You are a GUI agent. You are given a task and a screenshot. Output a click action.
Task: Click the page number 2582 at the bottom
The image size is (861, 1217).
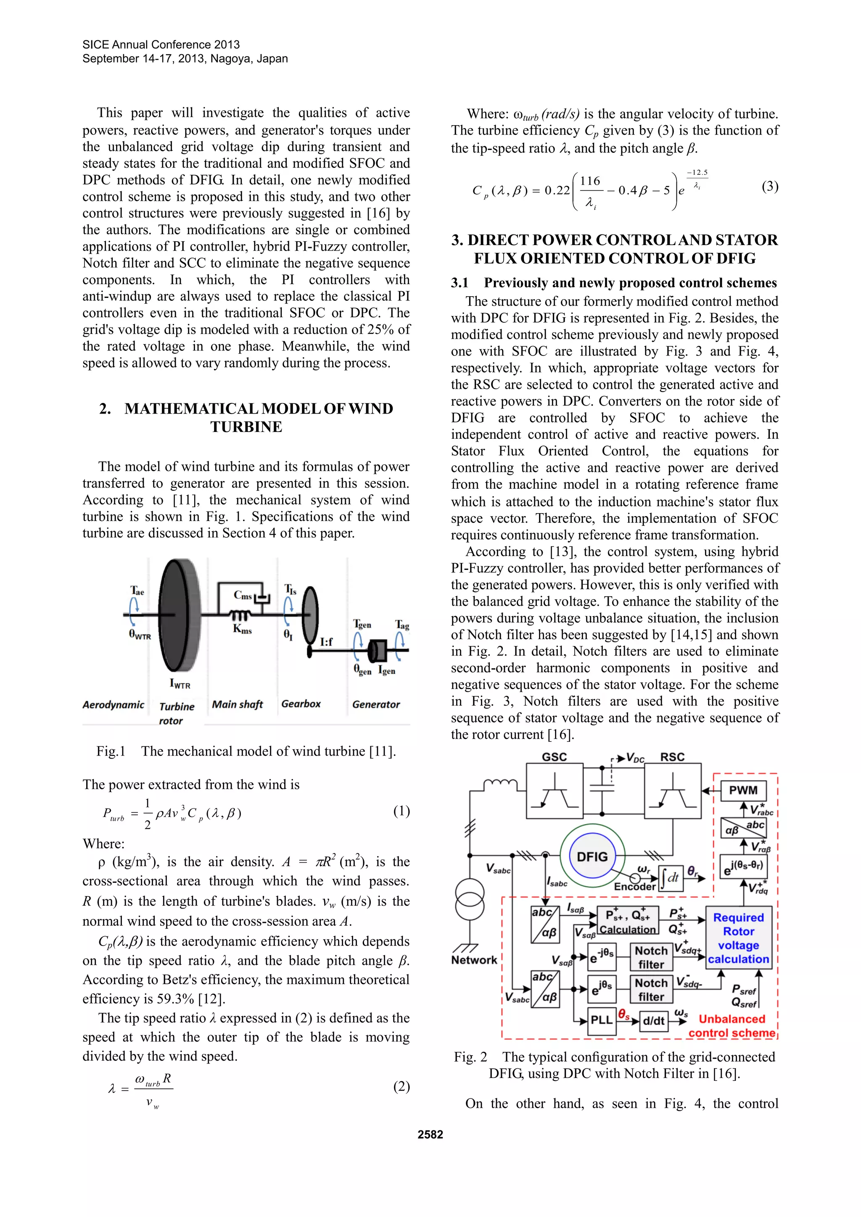[x=430, y=1134]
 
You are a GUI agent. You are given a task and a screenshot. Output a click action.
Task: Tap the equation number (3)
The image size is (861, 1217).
[x=770, y=187]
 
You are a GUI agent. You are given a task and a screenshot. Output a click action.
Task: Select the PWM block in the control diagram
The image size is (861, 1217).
[x=743, y=790]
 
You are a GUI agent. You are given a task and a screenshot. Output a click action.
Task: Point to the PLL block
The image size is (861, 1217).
[x=601, y=1020]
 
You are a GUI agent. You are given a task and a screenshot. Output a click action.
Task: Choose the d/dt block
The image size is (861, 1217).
[x=653, y=1020]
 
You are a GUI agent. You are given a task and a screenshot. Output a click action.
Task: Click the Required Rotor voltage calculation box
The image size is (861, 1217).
[x=738, y=938]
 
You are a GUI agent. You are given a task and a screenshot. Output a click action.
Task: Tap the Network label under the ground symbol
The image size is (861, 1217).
[x=474, y=960]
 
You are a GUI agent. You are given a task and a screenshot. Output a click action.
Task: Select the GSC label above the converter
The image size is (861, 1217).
[x=554, y=757]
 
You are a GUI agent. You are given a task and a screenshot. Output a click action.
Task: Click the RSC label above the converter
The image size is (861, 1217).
[x=672, y=757]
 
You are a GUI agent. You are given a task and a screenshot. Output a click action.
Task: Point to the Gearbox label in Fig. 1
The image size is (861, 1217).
[x=301, y=704]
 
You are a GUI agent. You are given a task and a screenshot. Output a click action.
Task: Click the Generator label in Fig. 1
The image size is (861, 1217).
[x=376, y=704]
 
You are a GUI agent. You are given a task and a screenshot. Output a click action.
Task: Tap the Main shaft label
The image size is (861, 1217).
[x=237, y=704]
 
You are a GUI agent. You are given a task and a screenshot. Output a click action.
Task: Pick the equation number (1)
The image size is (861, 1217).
[x=401, y=811]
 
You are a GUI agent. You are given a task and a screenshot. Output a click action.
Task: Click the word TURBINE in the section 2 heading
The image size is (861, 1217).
[x=246, y=427]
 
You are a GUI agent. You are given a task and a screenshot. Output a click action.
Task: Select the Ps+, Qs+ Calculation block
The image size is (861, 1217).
[x=628, y=921]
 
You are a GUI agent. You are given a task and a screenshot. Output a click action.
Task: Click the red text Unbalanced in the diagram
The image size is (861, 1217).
[x=732, y=1019]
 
